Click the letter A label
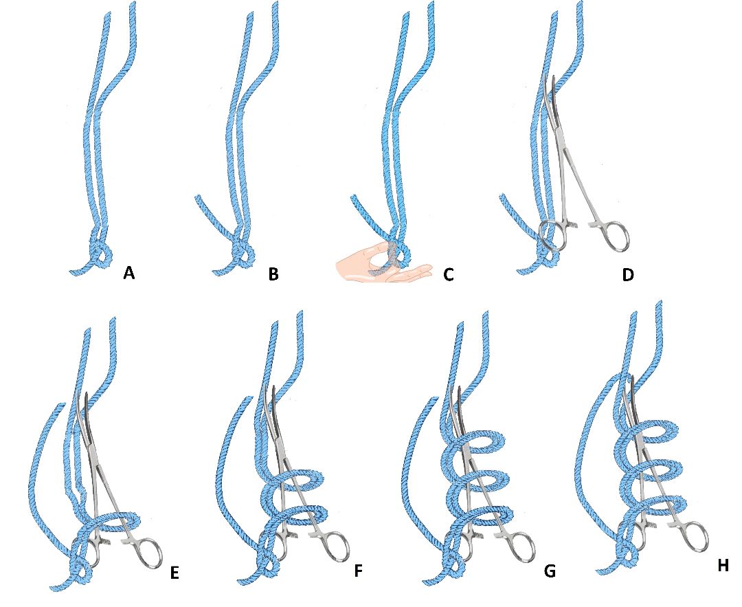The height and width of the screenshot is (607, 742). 128,273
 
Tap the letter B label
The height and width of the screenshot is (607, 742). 273,273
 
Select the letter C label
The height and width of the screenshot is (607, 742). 449,274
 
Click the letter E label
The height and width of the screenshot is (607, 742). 174,573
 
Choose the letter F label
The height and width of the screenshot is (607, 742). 358,571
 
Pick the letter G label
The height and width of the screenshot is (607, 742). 550,571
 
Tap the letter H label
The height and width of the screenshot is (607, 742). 723,565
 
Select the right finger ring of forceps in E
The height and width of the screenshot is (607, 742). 148,553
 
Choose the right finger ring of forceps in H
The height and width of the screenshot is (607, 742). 694,537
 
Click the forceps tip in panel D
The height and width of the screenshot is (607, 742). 552,77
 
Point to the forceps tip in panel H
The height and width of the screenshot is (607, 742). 632,377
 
